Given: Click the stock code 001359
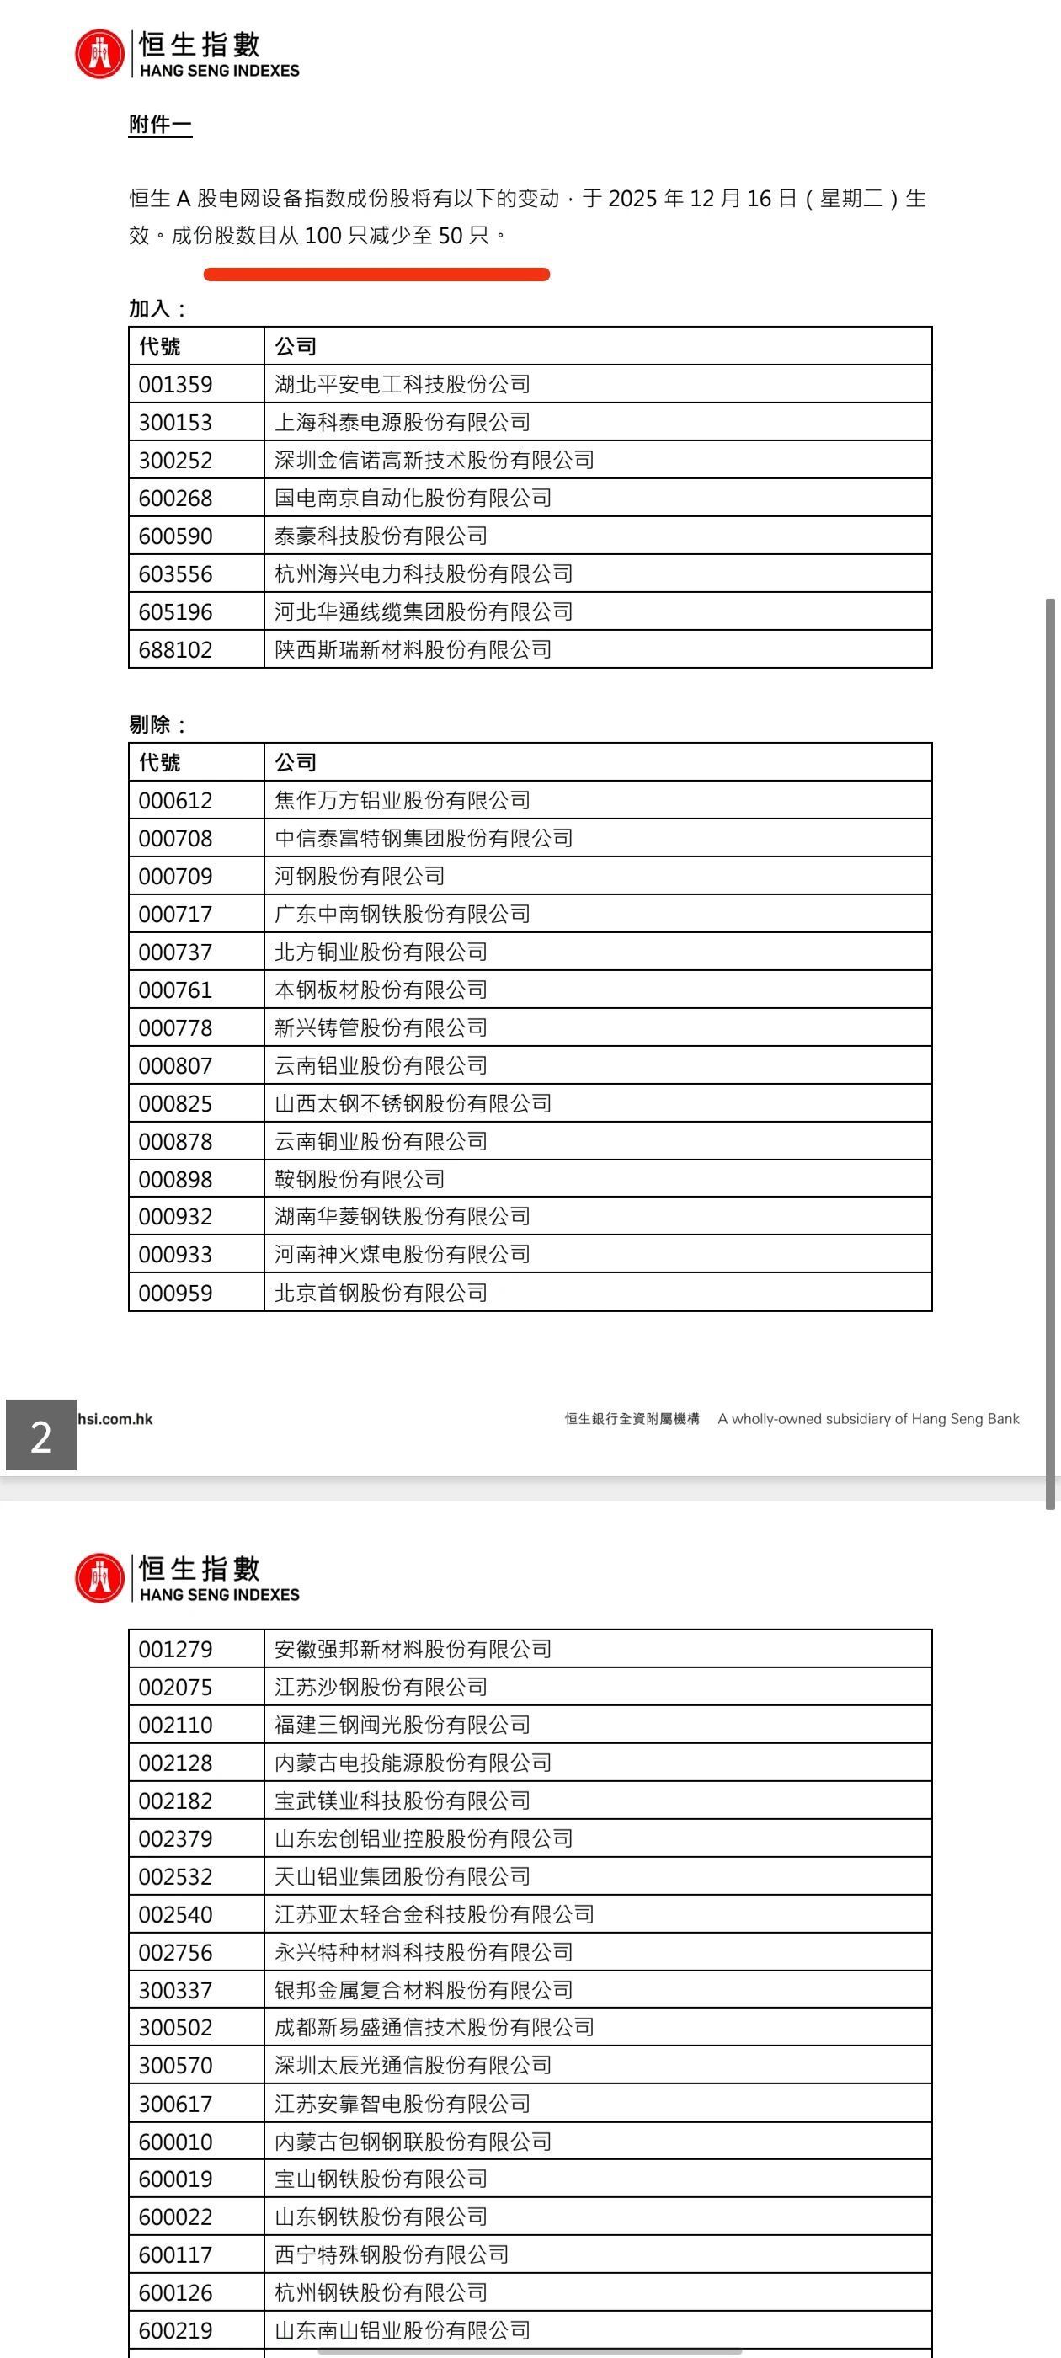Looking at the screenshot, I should point(175,385).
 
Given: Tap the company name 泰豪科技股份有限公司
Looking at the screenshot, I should point(381,536).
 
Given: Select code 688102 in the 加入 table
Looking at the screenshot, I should point(175,650).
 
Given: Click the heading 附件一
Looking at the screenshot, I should point(160,125).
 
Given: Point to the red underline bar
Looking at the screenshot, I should point(376,274).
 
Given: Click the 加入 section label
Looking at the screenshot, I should point(157,308).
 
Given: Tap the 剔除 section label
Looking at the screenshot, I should point(157,725).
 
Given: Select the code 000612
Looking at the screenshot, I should point(175,801).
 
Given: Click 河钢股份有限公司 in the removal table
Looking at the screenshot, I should point(360,876).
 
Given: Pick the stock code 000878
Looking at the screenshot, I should point(175,1141).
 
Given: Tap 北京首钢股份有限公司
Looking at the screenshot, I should point(381,1293).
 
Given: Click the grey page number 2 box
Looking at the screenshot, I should point(41,1435).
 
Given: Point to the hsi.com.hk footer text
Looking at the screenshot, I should point(115,1419).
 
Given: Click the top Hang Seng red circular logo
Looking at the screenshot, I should point(99,54).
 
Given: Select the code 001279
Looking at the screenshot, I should point(175,1650).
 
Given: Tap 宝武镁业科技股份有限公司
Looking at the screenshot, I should point(403,1801).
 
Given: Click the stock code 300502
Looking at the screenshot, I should point(175,2028).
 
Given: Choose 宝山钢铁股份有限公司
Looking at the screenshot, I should point(381,2179).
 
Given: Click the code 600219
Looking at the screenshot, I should point(175,2330).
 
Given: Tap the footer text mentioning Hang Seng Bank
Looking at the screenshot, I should point(868,1419).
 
